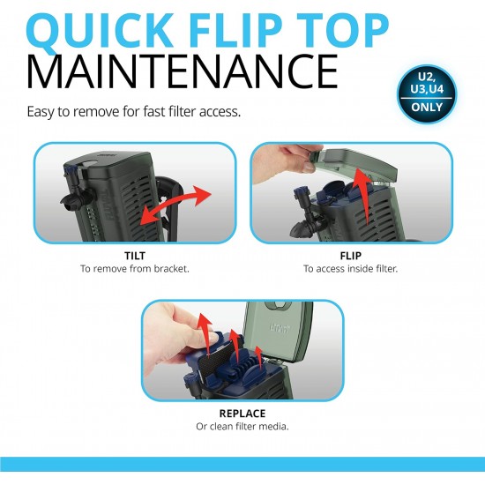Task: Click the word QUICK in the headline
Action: (x=99, y=31)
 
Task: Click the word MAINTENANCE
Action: (x=183, y=71)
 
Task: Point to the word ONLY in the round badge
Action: (x=427, y=107)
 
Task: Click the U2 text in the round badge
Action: (x=426, y=77)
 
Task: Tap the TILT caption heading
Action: (x=135, y=256)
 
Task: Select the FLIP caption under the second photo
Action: (x=350, y=256)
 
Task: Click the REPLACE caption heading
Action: (x=242, y=414)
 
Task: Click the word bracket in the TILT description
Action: (x=171, y=269)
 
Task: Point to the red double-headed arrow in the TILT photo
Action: (x=175, y=205)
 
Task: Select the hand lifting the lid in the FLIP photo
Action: (x=287, y=162)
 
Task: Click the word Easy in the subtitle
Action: (x=41, y=111)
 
